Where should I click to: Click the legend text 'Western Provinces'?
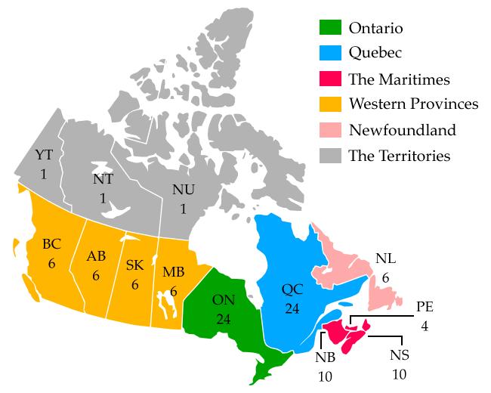pos(413,104)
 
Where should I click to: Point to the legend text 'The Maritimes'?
pos(399,79)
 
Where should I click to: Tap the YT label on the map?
pos(44,155)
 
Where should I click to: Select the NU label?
pos(182,190)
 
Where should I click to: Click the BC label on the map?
pos(51,243)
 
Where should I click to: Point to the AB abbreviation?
pos(96,255)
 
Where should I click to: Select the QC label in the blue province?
pos(292,289)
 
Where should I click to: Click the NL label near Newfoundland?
pos(385,259)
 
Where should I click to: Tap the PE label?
pos(425,306)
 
